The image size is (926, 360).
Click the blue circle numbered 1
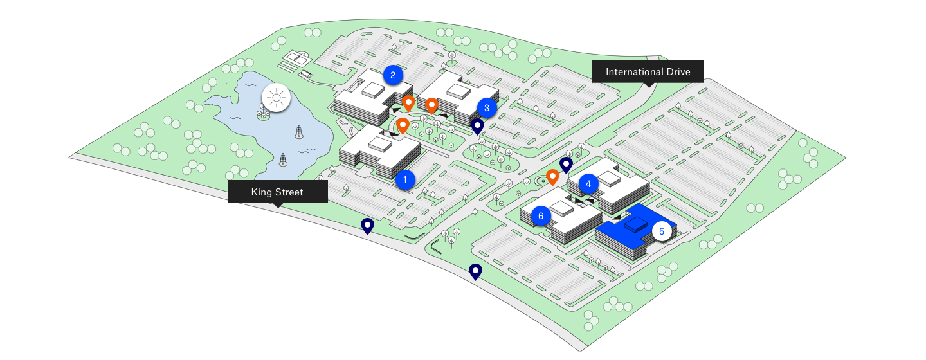tap(405, 179)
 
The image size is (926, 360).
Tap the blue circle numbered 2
tap(393, 75)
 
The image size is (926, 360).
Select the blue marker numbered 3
tap(487, 108)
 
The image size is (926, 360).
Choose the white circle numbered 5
tap(662, 231)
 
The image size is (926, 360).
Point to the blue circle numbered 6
tap(541, 216)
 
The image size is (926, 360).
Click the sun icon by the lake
tap(277, 98)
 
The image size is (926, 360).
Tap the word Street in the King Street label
tap(289, 192)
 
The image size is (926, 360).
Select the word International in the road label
tap(633, 71)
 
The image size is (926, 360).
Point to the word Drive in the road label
tap(677, 71)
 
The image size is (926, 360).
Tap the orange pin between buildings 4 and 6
tap(552, 176)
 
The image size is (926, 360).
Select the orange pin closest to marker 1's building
tap(403, 125)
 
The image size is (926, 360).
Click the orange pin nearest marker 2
tap(408, 102)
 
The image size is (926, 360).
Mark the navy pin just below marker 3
tap(477, 125)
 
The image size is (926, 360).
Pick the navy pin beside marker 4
tap(566, 165)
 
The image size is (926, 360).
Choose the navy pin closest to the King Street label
tap(367, 225)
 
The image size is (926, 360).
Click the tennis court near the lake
tap(297, 59)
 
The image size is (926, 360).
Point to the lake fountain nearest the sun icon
tap(298, 132)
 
